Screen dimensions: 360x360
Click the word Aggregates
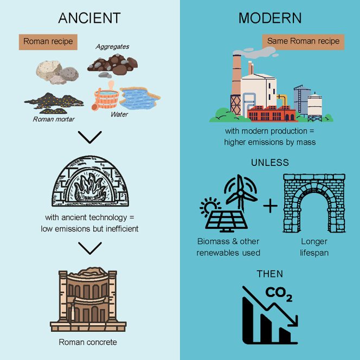point(112,47)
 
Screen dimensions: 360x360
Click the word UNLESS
point(270,162)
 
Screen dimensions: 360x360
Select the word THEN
point(270,274)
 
